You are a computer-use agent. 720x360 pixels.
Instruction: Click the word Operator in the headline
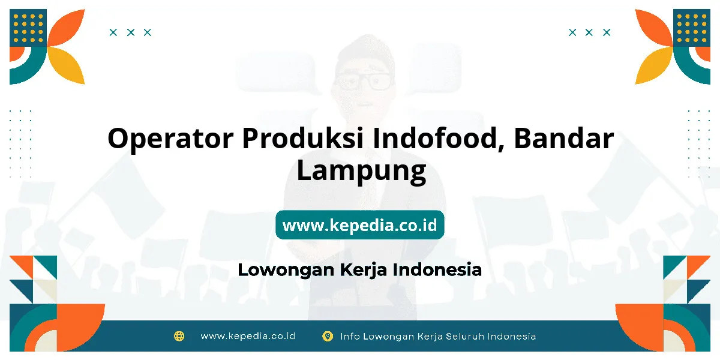(170, 139)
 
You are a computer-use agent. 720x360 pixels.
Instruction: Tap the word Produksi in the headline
(303, 138)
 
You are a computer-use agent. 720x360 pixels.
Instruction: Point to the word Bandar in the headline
(564, 138)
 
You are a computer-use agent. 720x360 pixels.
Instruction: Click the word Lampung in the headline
(361, 171)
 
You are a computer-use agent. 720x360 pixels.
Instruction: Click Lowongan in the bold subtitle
(286, 270)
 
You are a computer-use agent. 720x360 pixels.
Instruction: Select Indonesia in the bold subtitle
(437, 269)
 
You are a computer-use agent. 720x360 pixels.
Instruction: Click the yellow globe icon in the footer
(179, 336)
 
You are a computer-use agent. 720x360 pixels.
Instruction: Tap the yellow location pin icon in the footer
(328, 336)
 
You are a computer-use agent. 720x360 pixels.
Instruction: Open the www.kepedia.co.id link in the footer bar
(248, 336)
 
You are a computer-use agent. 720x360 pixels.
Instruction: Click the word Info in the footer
(350, 337)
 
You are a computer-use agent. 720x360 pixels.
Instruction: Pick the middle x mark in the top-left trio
(131, 32)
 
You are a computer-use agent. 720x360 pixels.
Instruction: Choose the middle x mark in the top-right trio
(589, 32)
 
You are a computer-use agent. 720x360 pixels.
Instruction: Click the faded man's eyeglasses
(364, 82)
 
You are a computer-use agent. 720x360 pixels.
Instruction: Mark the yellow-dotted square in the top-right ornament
(691, 28)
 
